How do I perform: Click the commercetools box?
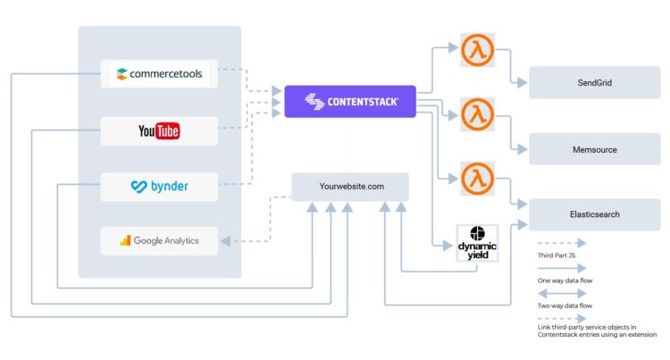(x=159, y=73)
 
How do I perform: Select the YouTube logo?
(x=159, y=131)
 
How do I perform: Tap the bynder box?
(x=159, y=187)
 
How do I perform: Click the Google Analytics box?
(x=159, y=240)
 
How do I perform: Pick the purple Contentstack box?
(x=350, y=102)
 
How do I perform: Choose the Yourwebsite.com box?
(x=350, y=187)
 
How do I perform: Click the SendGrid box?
(x=594, y=82)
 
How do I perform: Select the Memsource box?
(x=594, y=149)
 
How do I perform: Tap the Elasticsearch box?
(x=594, y=214)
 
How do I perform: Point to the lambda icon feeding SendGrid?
(x=477, y=50)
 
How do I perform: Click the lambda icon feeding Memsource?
(x=477, y=114)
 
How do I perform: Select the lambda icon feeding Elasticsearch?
(x=477, y=178)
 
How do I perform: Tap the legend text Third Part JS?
(x=558, y=256)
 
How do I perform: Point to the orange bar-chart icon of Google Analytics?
(x=126, y=240)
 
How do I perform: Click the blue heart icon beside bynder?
(x=138, y=187)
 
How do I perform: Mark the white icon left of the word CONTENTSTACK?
(x=314, y=102)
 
